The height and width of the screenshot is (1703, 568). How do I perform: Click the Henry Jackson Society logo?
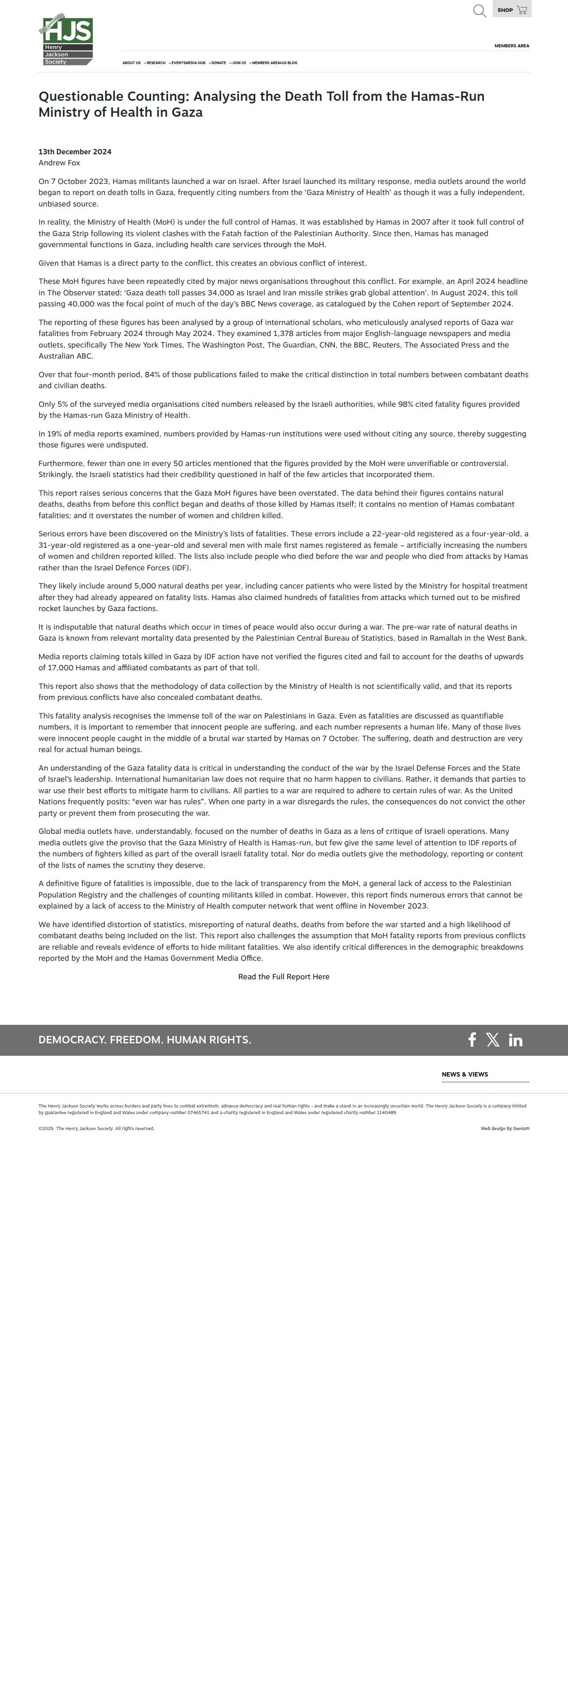(66, 40)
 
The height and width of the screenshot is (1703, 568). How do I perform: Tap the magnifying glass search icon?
(480, 11)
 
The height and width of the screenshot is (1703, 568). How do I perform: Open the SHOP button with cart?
(512, 10)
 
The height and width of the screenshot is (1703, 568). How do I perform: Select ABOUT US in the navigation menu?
(131, 63)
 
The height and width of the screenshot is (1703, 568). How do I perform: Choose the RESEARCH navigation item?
(156, 63)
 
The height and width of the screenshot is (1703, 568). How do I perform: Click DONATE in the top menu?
(219, 63)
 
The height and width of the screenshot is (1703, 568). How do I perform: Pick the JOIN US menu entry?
(239, 63)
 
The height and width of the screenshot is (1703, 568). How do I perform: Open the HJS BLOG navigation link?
(289, 63)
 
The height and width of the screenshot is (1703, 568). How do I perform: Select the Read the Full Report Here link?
(284, 977)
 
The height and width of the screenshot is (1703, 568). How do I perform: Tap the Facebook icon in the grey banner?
(472, 1040)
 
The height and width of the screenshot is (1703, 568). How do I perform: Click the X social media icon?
(493, 1040)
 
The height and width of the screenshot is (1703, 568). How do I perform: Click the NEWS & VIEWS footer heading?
(465, 1074)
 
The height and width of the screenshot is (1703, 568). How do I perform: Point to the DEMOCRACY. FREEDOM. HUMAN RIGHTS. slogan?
(145, 1040)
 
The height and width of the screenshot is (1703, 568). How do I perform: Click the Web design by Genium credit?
(505, 1129)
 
